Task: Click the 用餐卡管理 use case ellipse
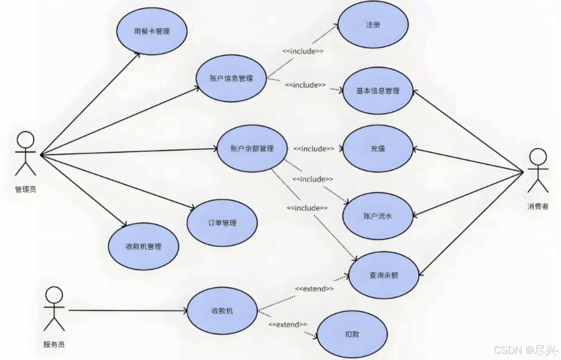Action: pos(152,31)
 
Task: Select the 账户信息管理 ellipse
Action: pos(231,78)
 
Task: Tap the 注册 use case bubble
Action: pos(373,25)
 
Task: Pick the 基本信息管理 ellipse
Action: pos(377,91)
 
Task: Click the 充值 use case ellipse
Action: pos(377,149)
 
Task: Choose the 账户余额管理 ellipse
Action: pos(252,149)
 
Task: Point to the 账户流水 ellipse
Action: pos(377,216)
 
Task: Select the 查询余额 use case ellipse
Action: pos(384,275)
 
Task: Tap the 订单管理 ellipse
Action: pos(222,223)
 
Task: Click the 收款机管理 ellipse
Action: pos(143,247)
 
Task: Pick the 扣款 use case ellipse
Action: pos(352,334)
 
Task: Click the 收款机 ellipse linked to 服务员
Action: pos(222,311)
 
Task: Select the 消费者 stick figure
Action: pos(538,170)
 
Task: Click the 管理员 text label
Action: pos(26,189)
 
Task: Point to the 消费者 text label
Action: pos(538,207)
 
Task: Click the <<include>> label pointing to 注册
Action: pos(303,51)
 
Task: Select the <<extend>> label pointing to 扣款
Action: pos(287,324)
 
